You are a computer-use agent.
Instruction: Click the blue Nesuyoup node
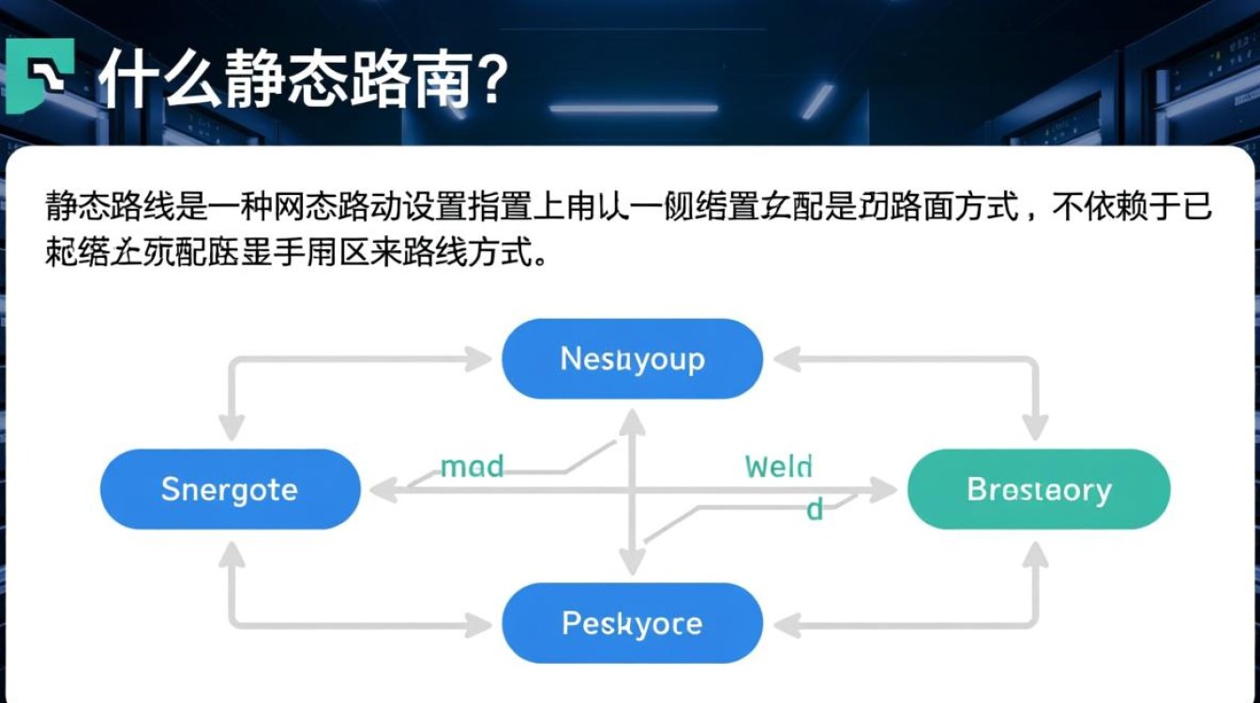pyautogui.click(x=632, y=359)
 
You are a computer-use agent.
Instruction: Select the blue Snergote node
pyautogui.click(x=230, y=489)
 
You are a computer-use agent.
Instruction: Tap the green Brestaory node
pyautogui.click(x=1038, y=489)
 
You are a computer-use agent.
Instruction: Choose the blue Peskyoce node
pyautogui.click(x=632, y=623)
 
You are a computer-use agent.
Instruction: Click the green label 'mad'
pyautogui.click(x=472, y=466)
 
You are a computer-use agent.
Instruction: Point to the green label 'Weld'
pyautogui.click(x=778, y=466)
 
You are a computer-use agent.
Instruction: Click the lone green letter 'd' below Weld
pyautogui.click(x=815, y=510)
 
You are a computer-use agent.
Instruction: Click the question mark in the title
pyautogui.click(x=488, y=79)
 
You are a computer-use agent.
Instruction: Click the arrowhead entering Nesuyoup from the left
pyautogui.click(x=479, y=359)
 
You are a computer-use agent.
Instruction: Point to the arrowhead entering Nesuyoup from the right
pyautogui.click(x=786, y=359)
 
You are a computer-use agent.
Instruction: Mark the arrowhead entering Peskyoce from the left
pyautogui.click(x=479, y=624)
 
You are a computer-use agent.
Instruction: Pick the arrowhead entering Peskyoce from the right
pyautogui.click(x=786, y=624)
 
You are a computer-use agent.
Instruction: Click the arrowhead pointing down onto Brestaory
pyautogui.click(x=1034, y=428)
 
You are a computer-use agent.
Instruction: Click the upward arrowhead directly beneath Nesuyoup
pyautogui.click(x=633, y=422)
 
